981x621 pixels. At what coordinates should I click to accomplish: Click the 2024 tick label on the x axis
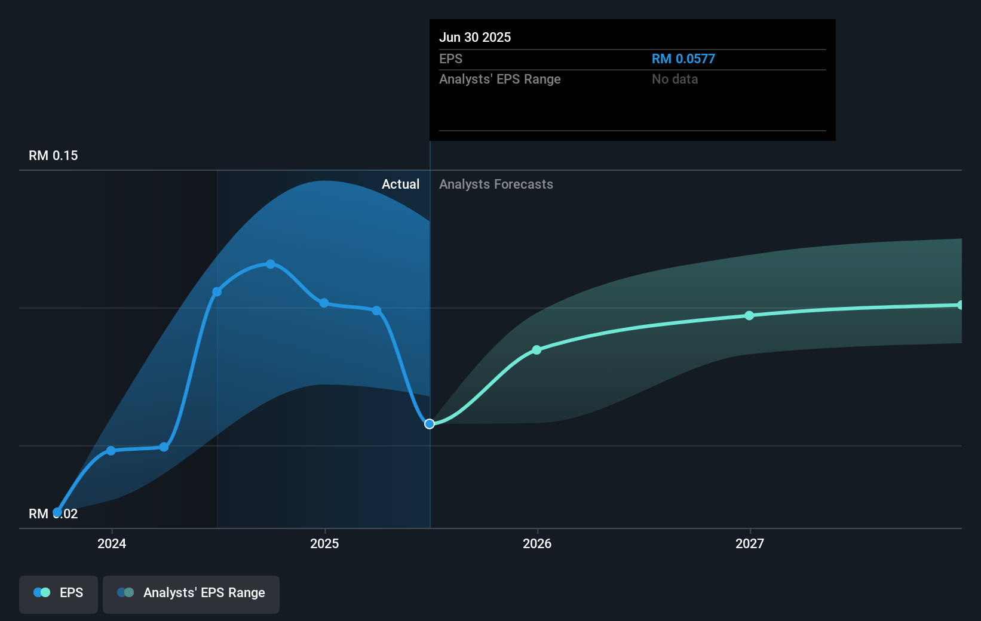pos(112,543)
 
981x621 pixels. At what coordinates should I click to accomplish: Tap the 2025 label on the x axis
pos(324,543)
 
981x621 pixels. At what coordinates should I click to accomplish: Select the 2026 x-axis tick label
pos(537,543)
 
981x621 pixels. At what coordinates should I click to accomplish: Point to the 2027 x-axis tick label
pos(750,543)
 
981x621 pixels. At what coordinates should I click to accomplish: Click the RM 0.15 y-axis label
pos(53,156)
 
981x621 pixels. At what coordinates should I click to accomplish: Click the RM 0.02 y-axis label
pos(53,514)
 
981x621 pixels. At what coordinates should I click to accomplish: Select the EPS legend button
pos(59,593)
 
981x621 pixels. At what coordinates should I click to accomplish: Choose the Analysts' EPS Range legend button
pos(191,593)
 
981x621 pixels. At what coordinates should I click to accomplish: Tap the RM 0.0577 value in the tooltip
pos(683,59)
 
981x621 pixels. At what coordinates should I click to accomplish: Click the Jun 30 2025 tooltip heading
pos(475,38)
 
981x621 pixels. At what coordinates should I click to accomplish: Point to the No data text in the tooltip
pos(675,79)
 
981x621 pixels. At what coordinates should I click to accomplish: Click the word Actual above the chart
pos(400,185)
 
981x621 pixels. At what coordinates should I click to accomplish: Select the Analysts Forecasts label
pos(496,185)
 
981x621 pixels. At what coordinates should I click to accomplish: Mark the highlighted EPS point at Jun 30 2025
pos(430,424)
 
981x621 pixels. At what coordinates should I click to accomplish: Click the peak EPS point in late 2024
pos(271,264)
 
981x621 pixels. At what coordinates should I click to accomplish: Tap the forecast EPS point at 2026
pos(537,350)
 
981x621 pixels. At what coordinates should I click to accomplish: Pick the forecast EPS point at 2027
pos(749,315)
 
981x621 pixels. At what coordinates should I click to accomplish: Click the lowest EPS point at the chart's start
pos(57,512)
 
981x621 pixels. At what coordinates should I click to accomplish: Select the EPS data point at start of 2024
pos(111,451)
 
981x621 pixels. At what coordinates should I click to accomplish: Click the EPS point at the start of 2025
pos(324,303)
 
